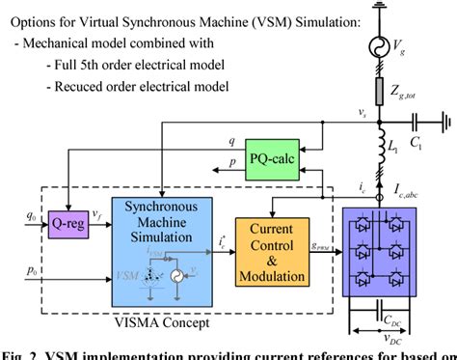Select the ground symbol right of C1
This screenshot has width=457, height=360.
444,124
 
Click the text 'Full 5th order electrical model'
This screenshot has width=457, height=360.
141,64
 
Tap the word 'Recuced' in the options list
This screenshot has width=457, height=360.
82,87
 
